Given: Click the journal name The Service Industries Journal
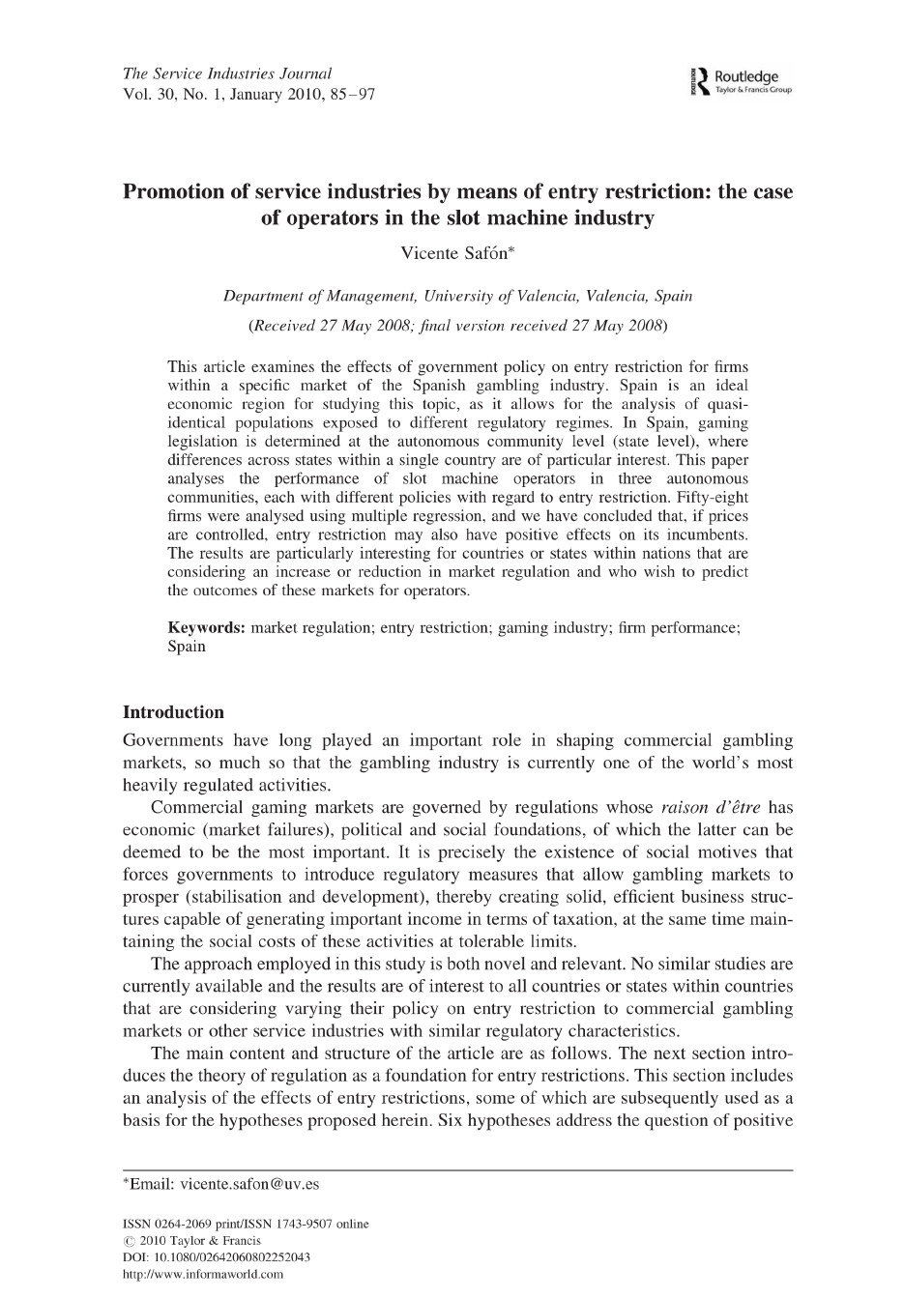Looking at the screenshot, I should coord(227,73).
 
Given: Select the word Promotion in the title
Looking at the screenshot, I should coord(177,191).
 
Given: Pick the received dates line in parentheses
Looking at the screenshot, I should coord(457,325).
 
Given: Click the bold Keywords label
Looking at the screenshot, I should coord(206,628).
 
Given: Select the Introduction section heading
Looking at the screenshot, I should coord(173,712).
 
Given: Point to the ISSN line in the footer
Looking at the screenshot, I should coord(246,1224).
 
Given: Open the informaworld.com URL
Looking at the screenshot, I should coord(203,1275).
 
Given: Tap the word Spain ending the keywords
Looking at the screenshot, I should coord(187,647).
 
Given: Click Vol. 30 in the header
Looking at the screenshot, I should coord(150,95).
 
